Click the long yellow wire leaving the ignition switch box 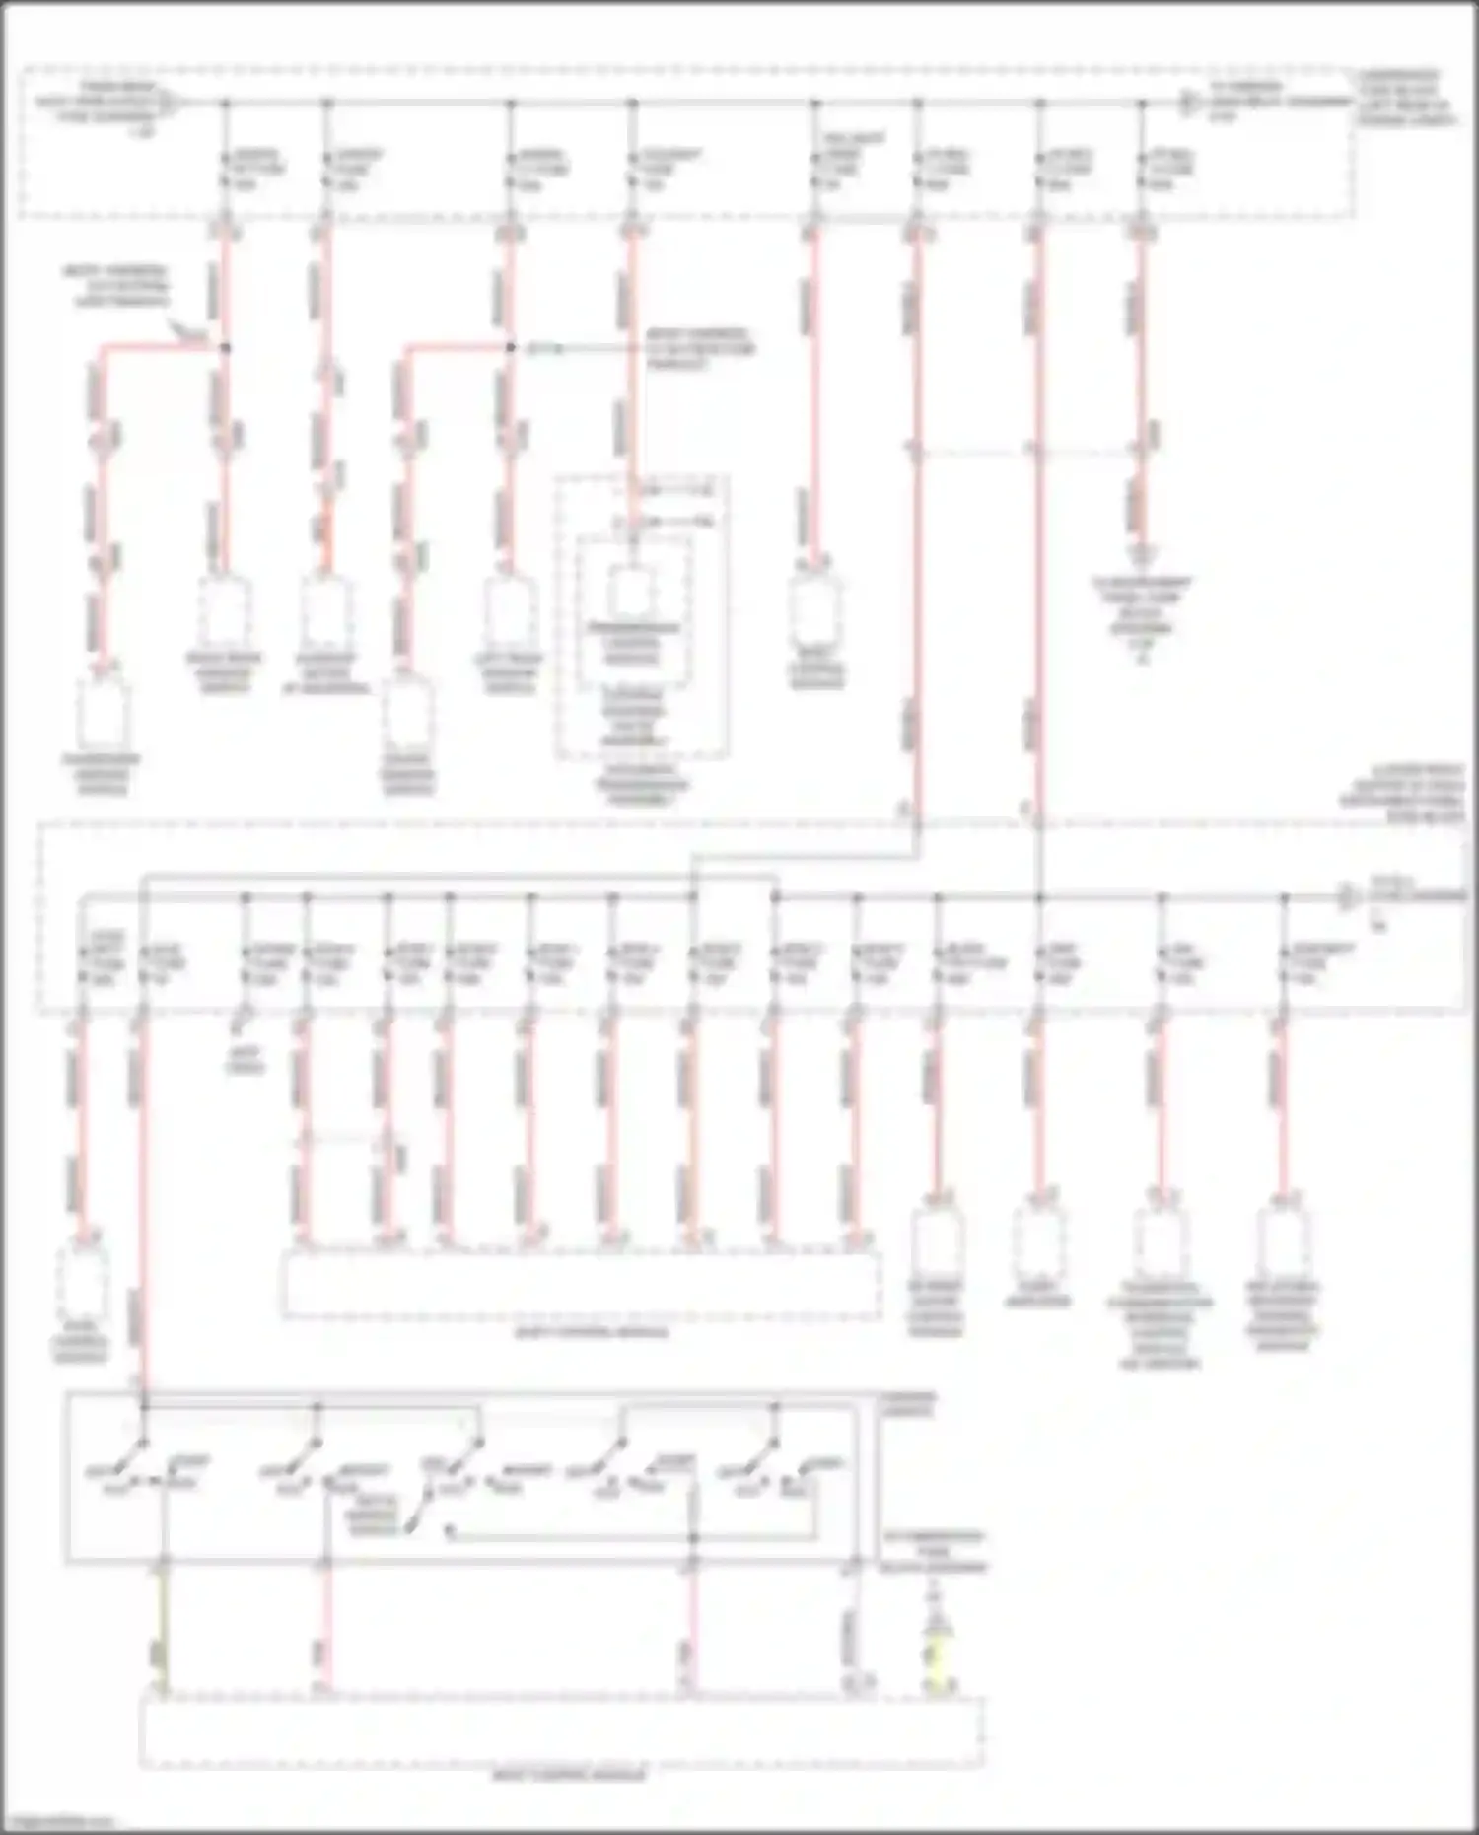pos(164,1627)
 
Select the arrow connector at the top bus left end pos(169,102)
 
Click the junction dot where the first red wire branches pos(225,347)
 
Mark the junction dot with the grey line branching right pos(510,347)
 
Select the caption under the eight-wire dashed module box pos(592,1332)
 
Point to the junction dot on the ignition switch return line pos(692,1537)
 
